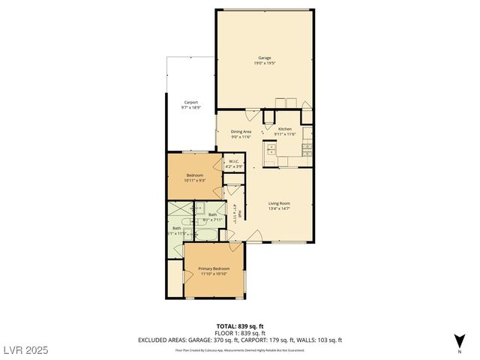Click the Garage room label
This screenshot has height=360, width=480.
coord(265,58)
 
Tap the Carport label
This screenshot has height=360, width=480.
coord(190,103)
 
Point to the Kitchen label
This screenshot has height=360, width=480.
coord(285,129)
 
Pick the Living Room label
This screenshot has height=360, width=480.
coord(279,203)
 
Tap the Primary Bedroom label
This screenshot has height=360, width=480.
coord(214,268)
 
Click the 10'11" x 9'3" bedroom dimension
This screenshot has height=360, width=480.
coord(194,181)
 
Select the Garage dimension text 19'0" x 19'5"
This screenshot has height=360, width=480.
coord(265,63)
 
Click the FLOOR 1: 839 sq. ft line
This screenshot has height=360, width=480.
coord(240,334)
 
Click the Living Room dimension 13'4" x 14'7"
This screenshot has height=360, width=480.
coord(279,208)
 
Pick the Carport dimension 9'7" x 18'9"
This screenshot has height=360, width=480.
coord(190,108)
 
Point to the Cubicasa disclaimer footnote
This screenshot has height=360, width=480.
coord(240,349)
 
